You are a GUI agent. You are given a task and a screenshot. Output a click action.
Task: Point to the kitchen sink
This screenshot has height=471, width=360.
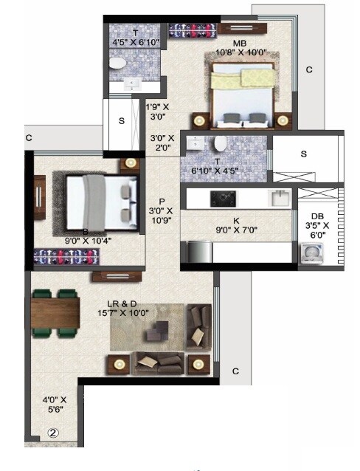pyautogui.click(x=279, y=198)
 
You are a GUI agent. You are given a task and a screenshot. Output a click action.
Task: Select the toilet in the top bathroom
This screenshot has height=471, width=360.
pyautogui.click(x=117, y=66)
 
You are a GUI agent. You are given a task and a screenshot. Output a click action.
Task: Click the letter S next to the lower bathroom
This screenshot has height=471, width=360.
pyautogui.click(x=303, y=154)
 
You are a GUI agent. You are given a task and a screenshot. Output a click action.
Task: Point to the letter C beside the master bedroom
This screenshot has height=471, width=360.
pyautogui.click(x=310, y=69)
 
